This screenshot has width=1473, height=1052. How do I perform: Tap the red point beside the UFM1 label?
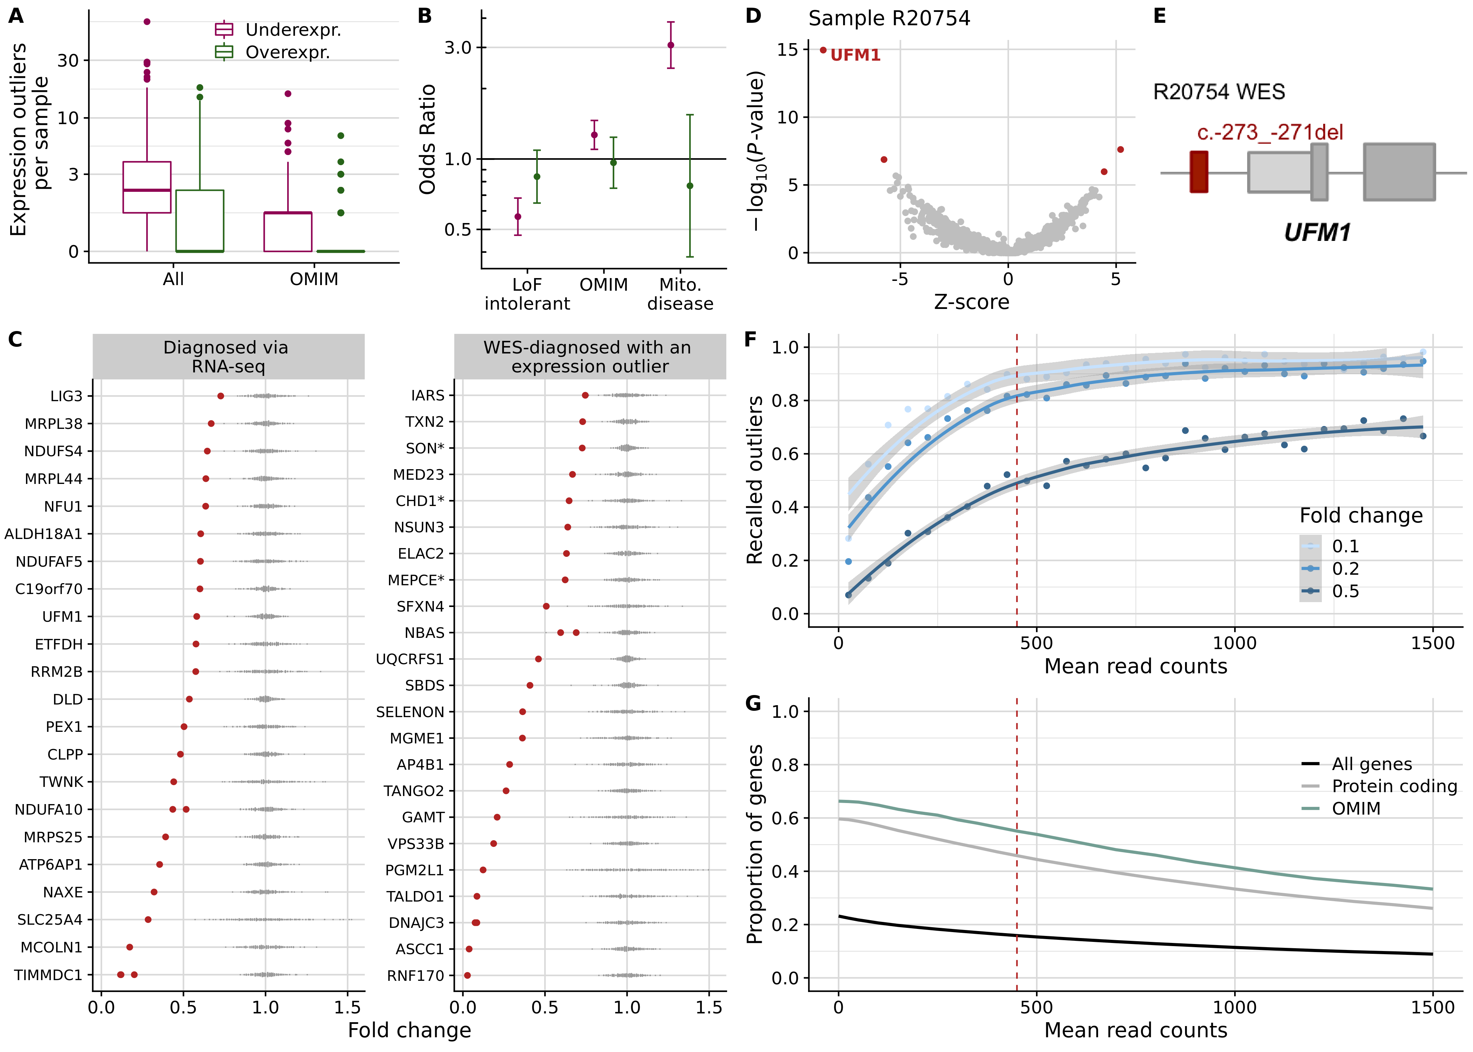823,50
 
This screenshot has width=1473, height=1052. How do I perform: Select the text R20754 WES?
1218,92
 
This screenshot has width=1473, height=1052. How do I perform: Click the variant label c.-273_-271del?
1270,132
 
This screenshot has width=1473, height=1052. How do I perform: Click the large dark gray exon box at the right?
1399,172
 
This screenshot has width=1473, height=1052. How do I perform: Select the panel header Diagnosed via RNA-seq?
228,356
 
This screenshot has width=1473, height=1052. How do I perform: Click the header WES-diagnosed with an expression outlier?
590,356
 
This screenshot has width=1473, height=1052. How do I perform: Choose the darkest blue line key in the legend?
1310,591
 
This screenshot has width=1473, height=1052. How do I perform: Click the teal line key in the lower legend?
1310,808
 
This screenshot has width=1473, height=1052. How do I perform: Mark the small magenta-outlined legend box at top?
223,29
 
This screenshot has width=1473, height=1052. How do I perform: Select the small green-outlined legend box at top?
223,51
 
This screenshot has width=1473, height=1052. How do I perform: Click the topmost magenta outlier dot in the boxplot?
147,21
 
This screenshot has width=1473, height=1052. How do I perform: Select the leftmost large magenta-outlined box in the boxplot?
147,187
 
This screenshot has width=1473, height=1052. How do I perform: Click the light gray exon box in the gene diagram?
1279,172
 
